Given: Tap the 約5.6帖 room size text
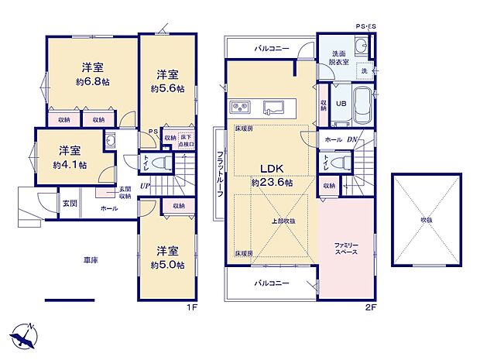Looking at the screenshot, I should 167,89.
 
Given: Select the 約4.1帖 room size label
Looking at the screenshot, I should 70,165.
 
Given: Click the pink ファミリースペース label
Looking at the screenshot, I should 345,249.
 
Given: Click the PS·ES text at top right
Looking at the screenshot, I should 366,27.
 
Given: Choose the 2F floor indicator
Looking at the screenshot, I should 369,305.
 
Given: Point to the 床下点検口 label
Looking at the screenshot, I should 186,141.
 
